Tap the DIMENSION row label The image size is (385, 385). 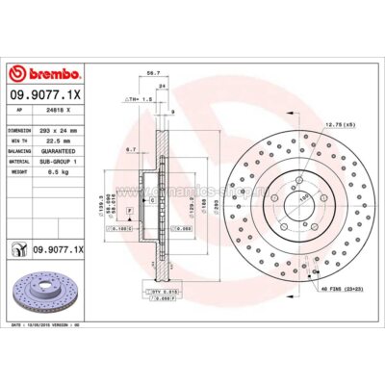[x=21, y=129]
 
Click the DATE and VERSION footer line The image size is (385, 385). [x=58, y=327]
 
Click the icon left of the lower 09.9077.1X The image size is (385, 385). [x=19, y=249]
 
